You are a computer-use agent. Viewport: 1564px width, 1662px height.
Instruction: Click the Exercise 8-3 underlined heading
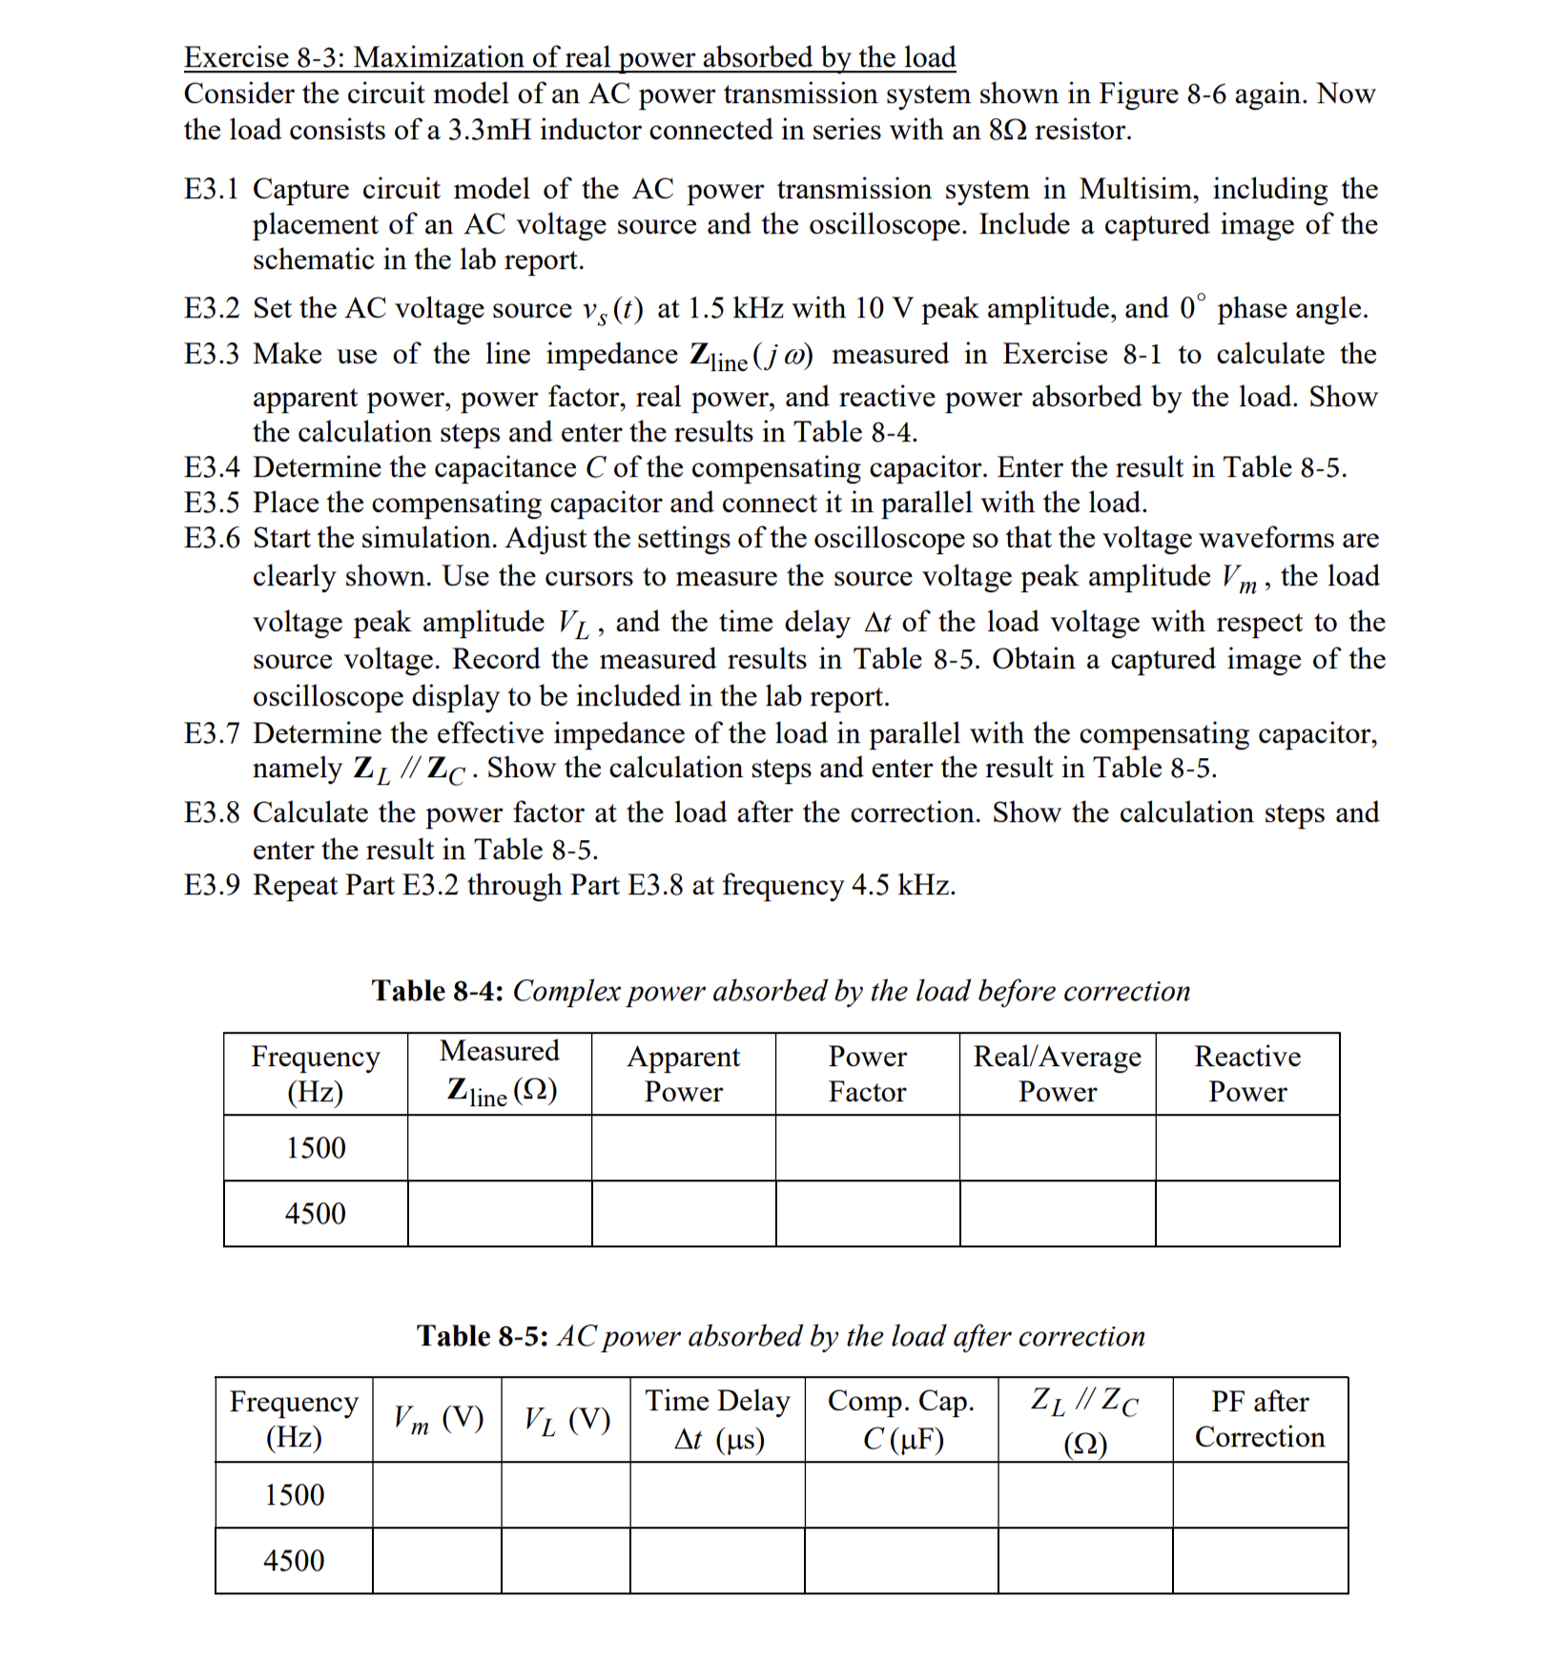569,57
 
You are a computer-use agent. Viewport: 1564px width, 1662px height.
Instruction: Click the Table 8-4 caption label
438,991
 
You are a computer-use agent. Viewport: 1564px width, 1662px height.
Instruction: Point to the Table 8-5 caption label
482,1336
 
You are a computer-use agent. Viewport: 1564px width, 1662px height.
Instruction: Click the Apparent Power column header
683,1074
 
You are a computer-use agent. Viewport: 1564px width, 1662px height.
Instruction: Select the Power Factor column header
867,1074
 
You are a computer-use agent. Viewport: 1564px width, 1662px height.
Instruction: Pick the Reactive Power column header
1246,1074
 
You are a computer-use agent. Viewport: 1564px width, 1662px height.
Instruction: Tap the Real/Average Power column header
1057,1074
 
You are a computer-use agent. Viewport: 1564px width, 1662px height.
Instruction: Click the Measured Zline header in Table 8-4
500,1074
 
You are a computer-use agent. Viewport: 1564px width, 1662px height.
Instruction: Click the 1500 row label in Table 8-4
316,1148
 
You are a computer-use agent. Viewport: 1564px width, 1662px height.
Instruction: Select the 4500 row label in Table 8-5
294,1561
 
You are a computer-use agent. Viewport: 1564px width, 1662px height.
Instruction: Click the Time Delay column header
717,1419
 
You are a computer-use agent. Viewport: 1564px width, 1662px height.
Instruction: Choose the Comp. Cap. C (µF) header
901,1419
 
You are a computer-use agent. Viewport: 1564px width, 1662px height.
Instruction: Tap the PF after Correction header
1259,1419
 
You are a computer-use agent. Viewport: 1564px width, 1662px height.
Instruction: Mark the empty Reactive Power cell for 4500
1246,1214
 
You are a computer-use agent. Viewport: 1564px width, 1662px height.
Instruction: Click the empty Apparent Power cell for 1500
683,1148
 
